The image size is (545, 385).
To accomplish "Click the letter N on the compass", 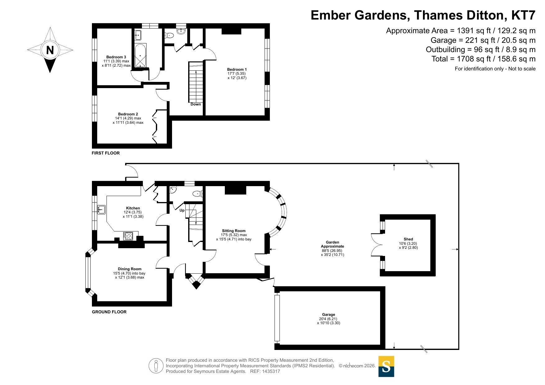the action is tap(50, 50).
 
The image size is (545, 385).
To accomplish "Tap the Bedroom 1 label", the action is tap(237, 69).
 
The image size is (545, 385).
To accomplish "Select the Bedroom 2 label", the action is tap(128, 114).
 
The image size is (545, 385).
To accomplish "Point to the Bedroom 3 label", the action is tap(116, 57).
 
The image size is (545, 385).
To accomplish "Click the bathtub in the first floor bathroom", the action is tap(140, 56).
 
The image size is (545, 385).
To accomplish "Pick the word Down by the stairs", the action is tap(196, 104).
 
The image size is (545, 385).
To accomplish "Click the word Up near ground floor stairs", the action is tap(182, 210).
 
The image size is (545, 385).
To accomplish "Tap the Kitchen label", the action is tap(133, 208).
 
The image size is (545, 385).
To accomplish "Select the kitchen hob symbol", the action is tap(128, 236).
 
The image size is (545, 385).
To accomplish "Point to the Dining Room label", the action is tap(129, 269).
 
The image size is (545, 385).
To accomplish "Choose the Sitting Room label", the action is tap(234, 231).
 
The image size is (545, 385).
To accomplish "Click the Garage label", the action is tap(329, 315).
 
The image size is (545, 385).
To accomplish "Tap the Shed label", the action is tap(408, 239).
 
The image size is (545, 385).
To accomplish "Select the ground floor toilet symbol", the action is tap(198, 194).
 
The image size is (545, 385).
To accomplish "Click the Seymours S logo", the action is tap(386, 366).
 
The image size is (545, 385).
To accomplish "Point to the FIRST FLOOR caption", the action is tap(106, 153).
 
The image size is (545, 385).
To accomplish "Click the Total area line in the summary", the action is tap(484, 59).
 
